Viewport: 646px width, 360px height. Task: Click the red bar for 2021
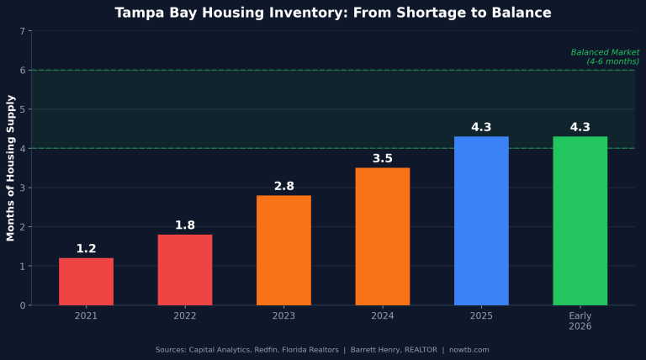pyautogui.click(x=86, y=282)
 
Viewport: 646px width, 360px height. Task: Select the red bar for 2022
pyautogui.click(x=185, y=270)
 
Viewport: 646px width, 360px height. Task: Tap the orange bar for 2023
pyautogui.click(x=283, y=251)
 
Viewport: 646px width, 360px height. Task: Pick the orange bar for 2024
pyautogui.click(x=383, y=236)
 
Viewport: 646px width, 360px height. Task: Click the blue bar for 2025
pyautogui.click(x=481, y=221)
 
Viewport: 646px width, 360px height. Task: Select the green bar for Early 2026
pyautogui.click(x=580, y=221)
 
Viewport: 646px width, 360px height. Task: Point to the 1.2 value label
pyautogui.click(x=86, y=249)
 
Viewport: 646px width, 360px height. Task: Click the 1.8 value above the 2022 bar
pyautogui.click(x=185, y=225)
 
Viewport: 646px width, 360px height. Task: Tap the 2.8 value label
pyautogui.click(x=283, y=186)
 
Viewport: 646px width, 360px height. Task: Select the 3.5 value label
pyautogui.click(x=383, y=158)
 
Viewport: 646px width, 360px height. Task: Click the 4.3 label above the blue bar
pyautogui.click(x=481, y=127)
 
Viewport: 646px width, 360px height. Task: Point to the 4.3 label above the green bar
pyautogui.click(x=580, y=127)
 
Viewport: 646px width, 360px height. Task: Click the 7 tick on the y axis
pyautogui.click(x=23, y=31)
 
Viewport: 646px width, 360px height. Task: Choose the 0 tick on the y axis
pyautogui.click(x=23, y=305)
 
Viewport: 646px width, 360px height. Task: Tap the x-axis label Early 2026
pyautogui.click(x=580, y=320)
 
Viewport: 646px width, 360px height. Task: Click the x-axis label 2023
pyautogui.click(x=283, y=316)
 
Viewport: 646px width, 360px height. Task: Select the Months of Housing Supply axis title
pyautogui.click(x=11, y=168)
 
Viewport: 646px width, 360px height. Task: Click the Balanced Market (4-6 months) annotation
pyautogui.click(x=605, y=56)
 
